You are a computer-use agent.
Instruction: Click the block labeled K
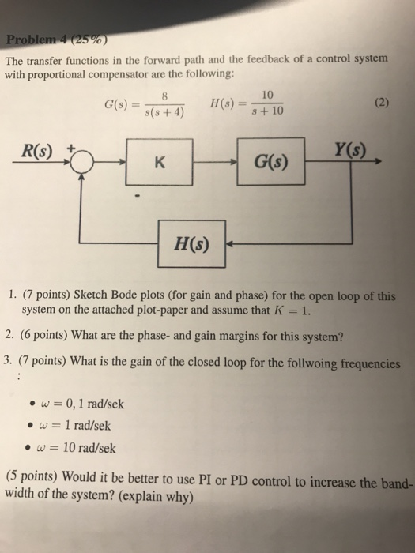[x=160, y=164]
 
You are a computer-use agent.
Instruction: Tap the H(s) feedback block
[x=192, y=243]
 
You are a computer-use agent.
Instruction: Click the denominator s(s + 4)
[x=165, y=113]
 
